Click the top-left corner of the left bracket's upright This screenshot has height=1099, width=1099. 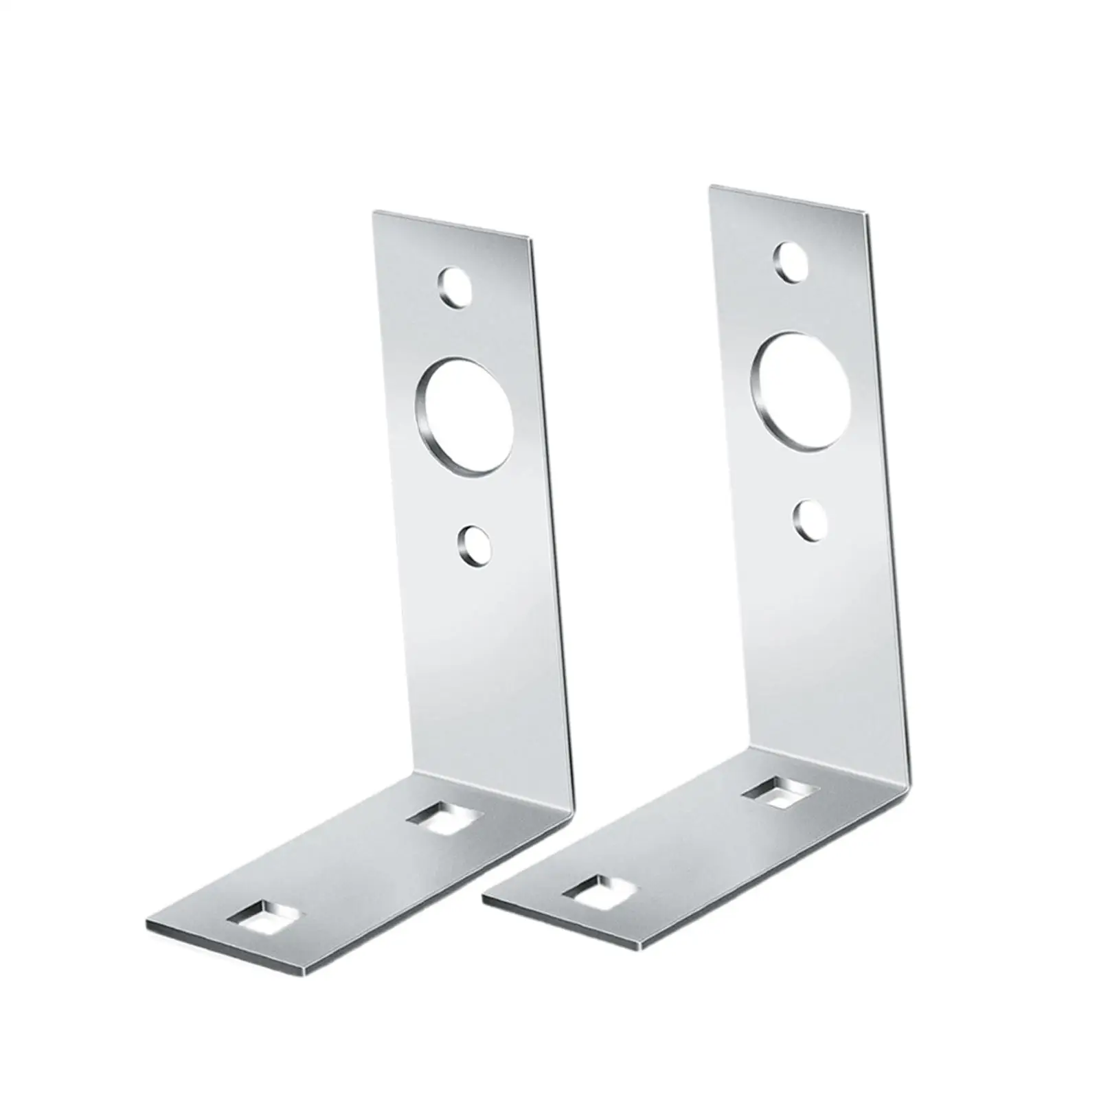point(374,212)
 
